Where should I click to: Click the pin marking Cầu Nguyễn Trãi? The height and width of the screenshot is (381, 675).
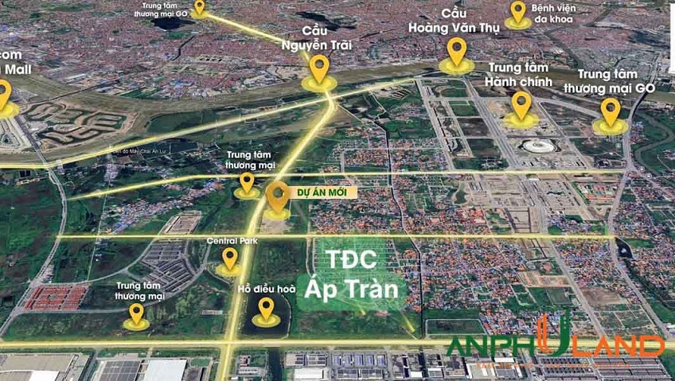click(319, 69)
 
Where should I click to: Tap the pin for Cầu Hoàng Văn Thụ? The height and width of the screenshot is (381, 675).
click(456, 52)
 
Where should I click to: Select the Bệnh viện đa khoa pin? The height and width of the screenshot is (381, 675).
click(518, 12)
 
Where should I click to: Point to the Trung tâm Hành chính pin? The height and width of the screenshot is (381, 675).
click(521, 105)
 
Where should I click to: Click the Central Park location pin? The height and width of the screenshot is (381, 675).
click(230, 258)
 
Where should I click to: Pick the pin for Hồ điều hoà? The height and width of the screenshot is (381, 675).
click(266, 307)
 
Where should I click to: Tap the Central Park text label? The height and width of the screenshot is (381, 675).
click(229, 239)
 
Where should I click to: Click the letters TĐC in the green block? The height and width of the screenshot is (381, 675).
click(351, 262)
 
